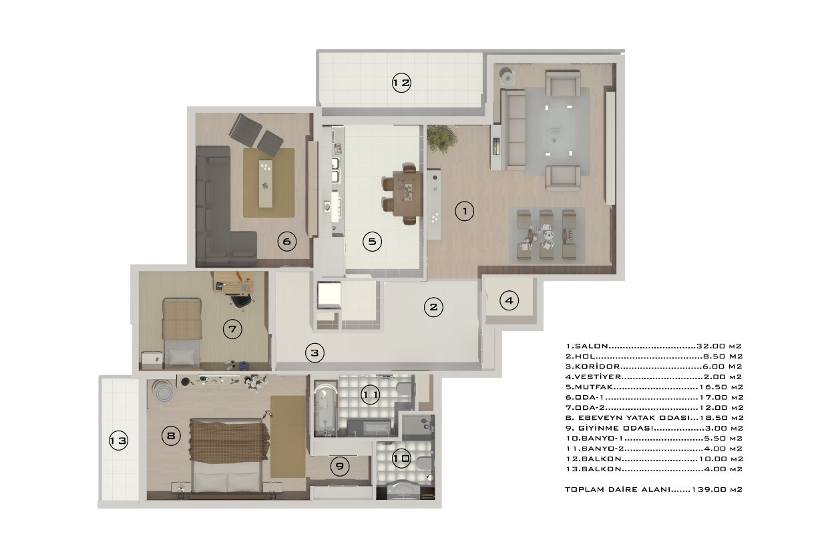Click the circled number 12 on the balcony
tap(401, 83)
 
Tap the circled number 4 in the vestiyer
tap(509, 301)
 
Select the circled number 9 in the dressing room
tap(339, 467)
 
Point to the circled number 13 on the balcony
tap(119, 440)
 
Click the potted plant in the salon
tap(442, 138)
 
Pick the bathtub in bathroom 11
tap(326, 409)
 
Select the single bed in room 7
tap(182, 332)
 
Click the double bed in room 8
tap(228, 457)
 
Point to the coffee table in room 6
tap(265, 184)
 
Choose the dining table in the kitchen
tap(408, 194)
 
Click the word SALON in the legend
tap(592, 346)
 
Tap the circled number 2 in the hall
tap(433, 307)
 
